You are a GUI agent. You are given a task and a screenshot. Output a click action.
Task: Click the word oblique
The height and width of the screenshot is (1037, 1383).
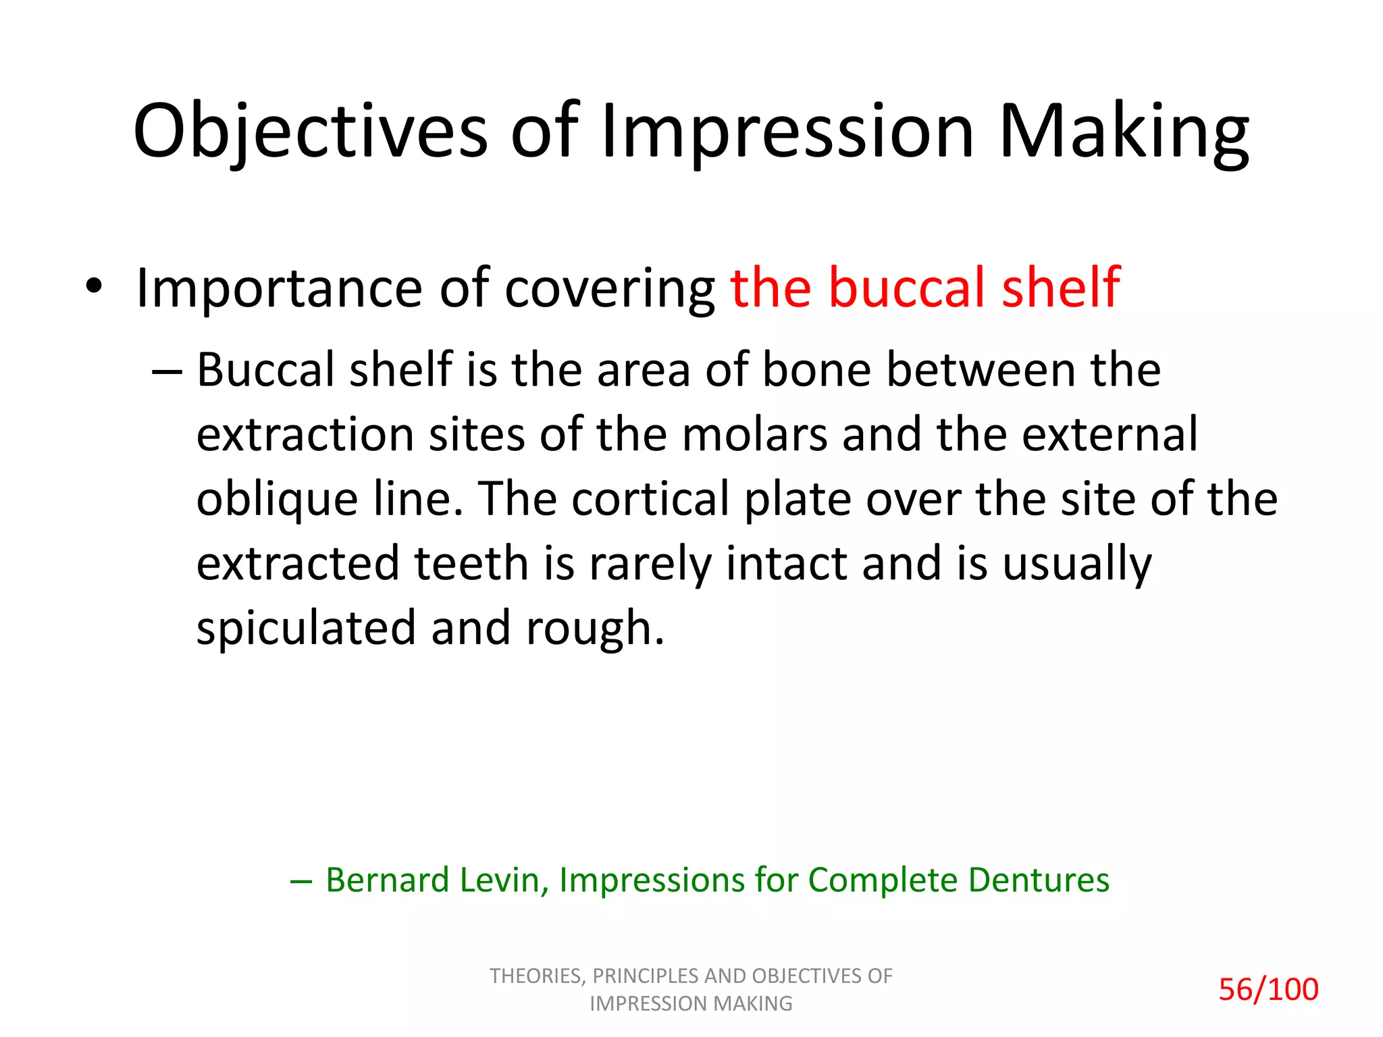(x=277, y=500)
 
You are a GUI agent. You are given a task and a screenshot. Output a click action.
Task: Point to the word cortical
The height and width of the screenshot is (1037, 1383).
(x=650, y=499)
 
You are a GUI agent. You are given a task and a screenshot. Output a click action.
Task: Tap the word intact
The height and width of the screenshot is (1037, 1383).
(x=785, y=563)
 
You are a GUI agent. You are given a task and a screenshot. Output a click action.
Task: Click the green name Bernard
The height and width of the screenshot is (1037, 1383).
(x=387, y=880)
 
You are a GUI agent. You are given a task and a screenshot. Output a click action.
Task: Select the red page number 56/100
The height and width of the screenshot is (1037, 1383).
(x=1268, y=990)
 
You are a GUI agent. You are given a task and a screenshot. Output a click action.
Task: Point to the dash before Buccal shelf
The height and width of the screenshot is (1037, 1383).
(x=167, y=372)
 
